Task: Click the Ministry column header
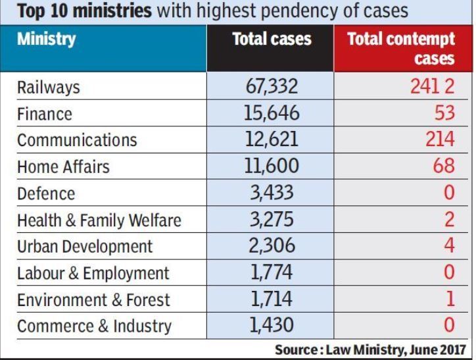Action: coord(47,40)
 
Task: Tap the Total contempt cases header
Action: coord(401,48)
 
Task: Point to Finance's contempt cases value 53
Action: coord(444,113)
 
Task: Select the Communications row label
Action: coord(77,140)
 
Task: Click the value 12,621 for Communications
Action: coord(270,140)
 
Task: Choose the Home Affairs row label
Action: coord(63,167)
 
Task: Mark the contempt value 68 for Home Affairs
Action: coord(444,166)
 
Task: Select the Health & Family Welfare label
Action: coord(99,220)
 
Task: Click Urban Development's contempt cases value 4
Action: coord(450,245)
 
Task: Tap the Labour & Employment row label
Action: coord(93,273)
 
